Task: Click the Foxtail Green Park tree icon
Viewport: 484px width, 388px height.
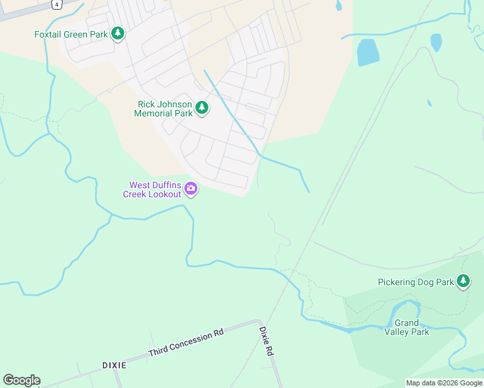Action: pyautogui.click(x=117, y=33)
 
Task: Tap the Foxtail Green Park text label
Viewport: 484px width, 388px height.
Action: pyautogui.click(x=71, y=34)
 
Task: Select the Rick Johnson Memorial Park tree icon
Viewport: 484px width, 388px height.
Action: pyautogui.click(x=202, y=107)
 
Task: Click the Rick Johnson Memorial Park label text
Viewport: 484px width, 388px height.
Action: pyautogui.click(x=164, y=109)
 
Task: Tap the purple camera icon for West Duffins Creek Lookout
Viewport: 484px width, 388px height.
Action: pyautogui.click(x=191, y=189)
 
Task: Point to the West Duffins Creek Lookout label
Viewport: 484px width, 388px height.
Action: pyautogui.click(x=153, y=189)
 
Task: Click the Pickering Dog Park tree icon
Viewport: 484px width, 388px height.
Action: pyautogui.click(x=463, y=281)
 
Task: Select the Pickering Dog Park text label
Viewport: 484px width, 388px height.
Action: pyautogui.click(x=416, y=282)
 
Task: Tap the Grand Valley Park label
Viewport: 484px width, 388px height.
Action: pyautogui.click(x=407, y=327)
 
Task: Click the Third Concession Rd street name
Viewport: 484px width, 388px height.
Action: pyautogui.click(x=186, y=343)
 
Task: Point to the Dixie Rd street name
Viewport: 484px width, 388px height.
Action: pyautogui.click(x=266, y=342)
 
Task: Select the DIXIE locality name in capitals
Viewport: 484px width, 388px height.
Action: pyautogui.click(x=114, y=365)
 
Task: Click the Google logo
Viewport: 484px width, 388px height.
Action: pyautogui.click(x=21, y=380)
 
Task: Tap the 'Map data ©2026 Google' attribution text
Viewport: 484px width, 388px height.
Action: pyautogui.click(x=444, y=383)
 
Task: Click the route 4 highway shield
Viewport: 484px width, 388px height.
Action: pyautogui.click(x=57, y=4)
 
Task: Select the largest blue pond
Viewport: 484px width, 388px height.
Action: pyautogui.click(x=368, y=52)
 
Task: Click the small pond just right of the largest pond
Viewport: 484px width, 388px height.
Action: pyautogui.click(x=436, y=42)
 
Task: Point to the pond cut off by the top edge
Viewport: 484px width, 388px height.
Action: pyautogui.click(x=338, y=5)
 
